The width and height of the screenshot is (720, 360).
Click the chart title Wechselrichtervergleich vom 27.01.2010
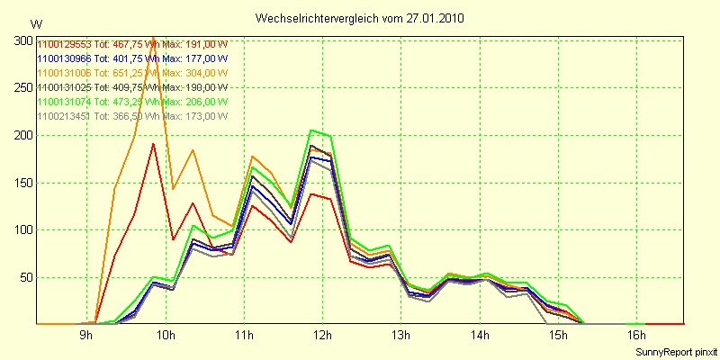click(x=360, y=18)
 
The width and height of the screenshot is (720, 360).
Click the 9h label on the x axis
click(x=86, y=336)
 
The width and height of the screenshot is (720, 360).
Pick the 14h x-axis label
click(x=481, y=336)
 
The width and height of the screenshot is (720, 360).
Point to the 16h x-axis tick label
click(x=637, y=336)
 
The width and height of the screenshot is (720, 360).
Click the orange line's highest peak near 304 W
click(x=153, y=39)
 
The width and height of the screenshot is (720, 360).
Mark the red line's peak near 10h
click(x=154, y=144)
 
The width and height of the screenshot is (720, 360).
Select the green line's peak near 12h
click(x=311, y=130)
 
